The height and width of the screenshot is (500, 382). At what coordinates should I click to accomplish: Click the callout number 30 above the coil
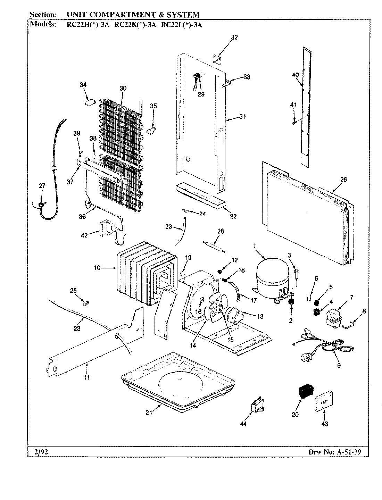point(123,88)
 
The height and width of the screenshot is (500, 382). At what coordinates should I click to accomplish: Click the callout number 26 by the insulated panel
point(343,180)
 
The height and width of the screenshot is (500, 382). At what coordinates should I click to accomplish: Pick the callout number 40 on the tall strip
point(295,75)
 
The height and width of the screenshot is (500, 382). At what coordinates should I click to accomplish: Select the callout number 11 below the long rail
point(86,378)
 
